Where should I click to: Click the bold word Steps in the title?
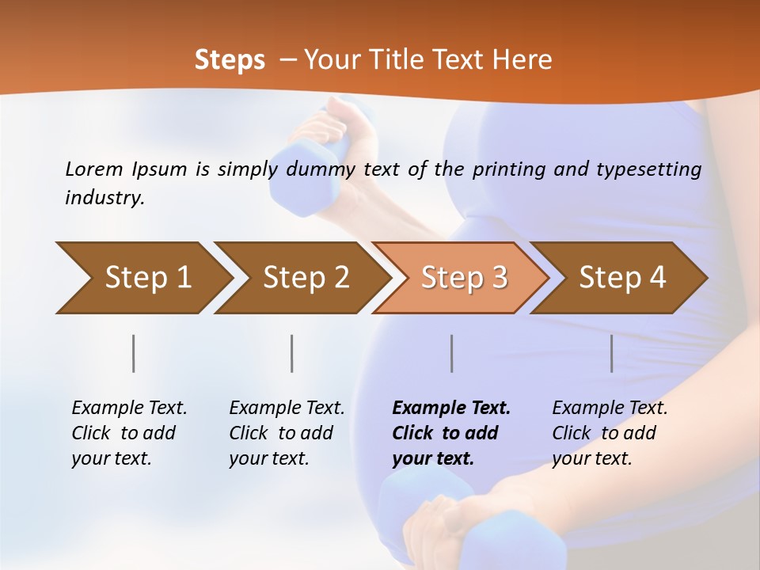[x=230, y=60]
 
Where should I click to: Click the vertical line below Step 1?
[x=134, y=353]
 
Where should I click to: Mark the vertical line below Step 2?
[x=292, y=353]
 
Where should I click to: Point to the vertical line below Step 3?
[x=452, y=353]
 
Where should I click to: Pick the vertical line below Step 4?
[x=612, y=353]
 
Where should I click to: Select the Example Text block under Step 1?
[x=129, y=433]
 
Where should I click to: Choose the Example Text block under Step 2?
[x=287, y=433]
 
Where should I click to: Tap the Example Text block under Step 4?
[x=610, y=433]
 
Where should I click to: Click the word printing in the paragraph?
[x=505, y=169]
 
